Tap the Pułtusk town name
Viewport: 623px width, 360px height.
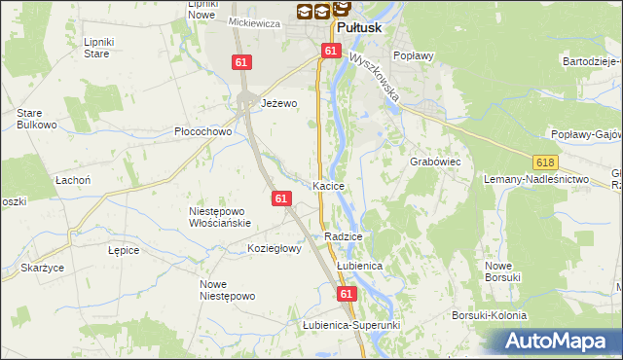pyautogui.click(x=363, y=28)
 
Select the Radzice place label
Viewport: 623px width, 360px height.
pyautogui.click(x=344, y=236)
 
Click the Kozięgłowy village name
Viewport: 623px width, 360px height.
pyautogui.click(x=275, y=248)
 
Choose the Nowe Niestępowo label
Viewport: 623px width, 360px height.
pyautogui.click(x=227, y=290)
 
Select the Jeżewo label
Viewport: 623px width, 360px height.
pyautogui.click(x=278, y=102)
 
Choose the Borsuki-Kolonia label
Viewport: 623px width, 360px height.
pyautogui.click(x=489, y=315)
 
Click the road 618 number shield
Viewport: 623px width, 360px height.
pyautogui.click(x=545, y=162)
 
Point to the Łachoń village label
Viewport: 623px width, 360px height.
pyautogui.click(x=73, y=180)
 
